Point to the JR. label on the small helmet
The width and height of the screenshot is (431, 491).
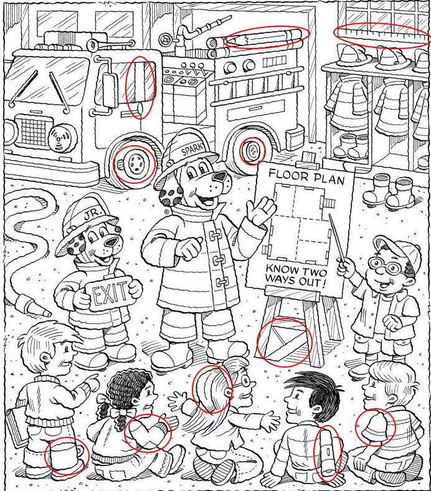click(x=92, y=214)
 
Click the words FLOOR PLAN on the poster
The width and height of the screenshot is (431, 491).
click(x=306, y=177)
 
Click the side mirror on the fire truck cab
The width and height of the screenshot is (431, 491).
click(x=109, y=89)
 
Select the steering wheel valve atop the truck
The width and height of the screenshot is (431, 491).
click(x=164, y=39)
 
